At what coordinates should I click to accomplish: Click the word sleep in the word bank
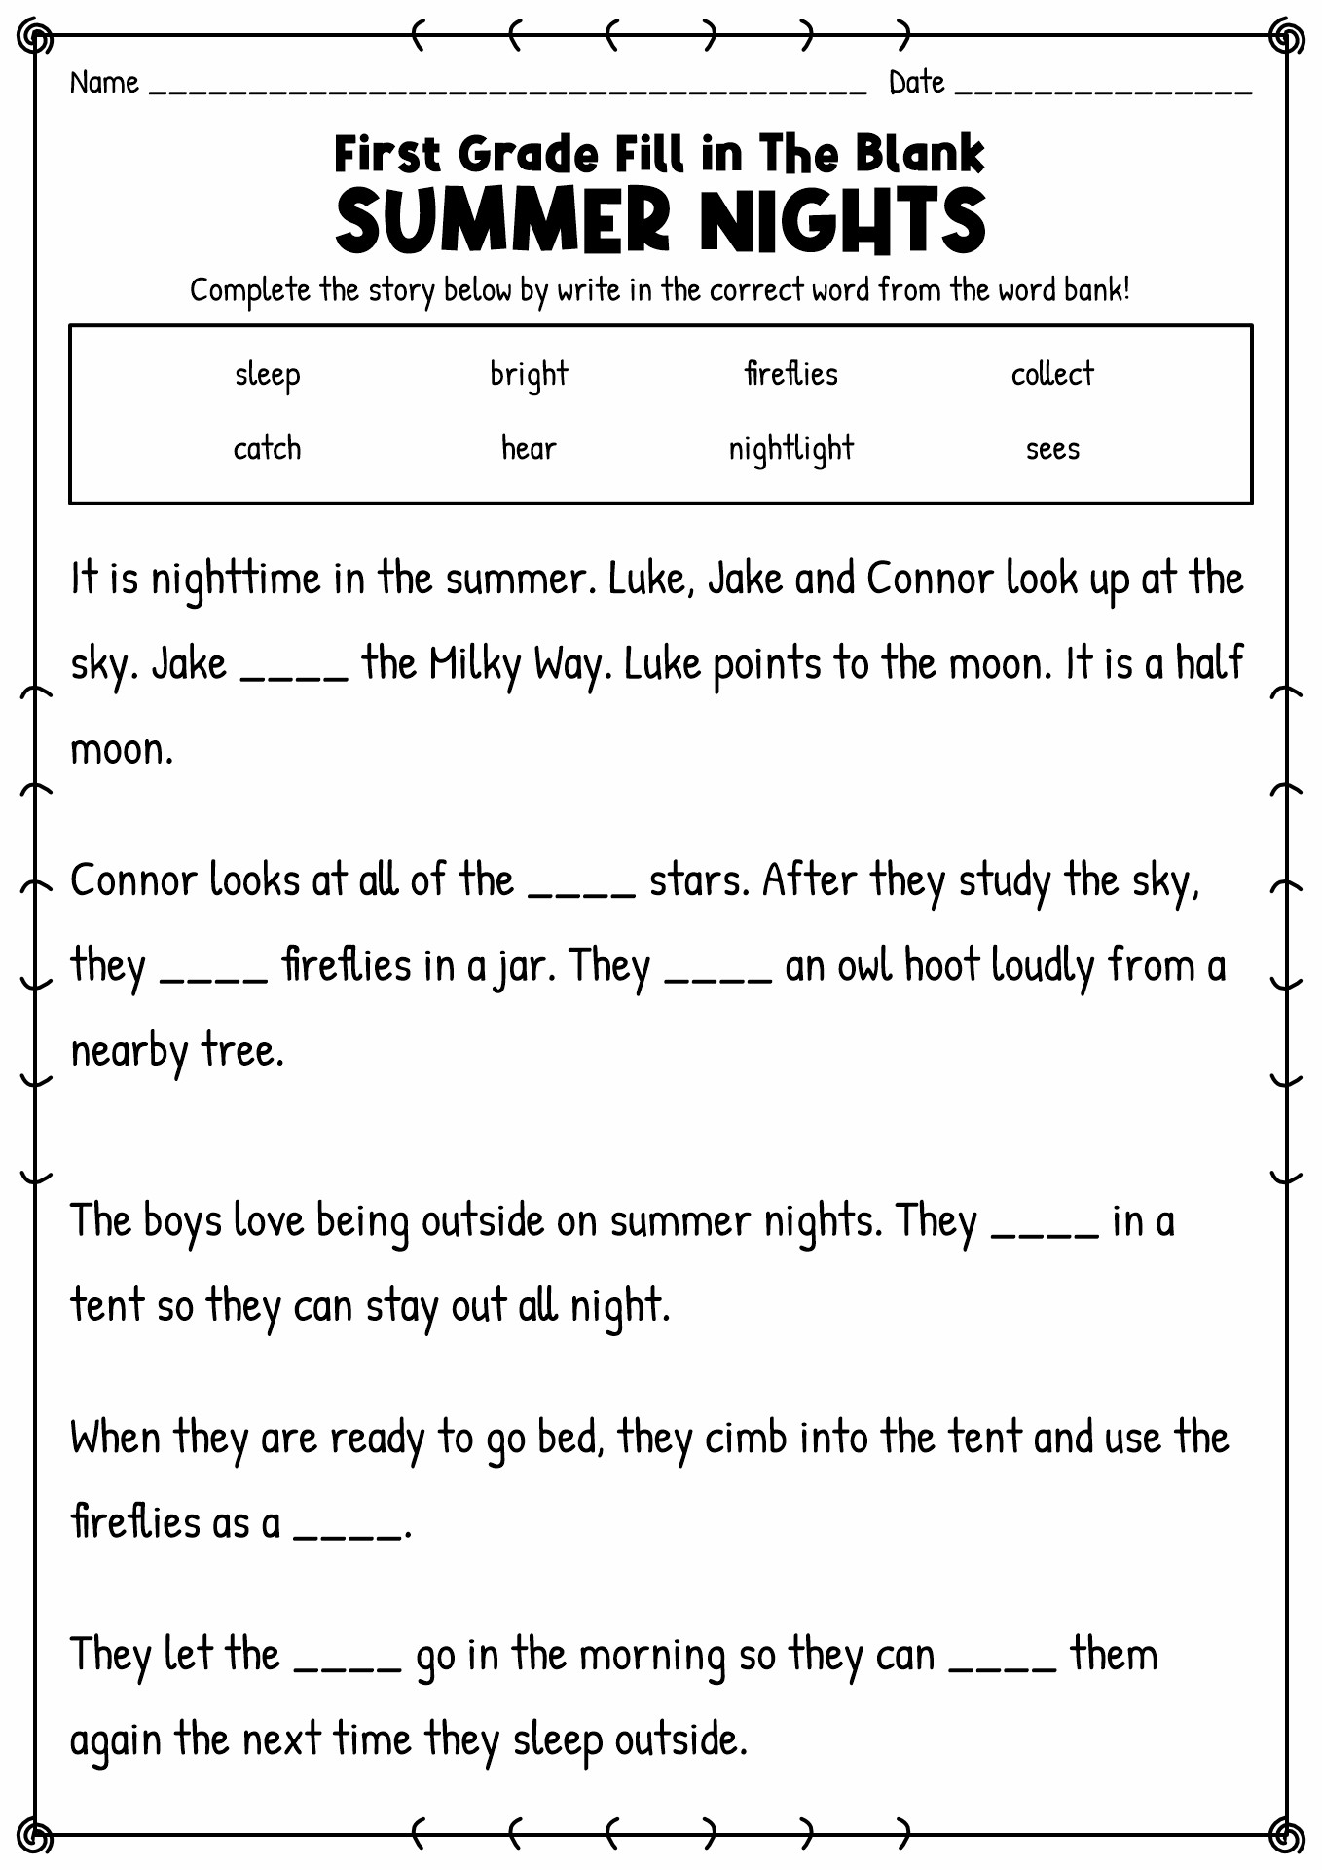(267, 375)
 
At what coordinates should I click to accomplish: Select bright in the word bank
(529, 375)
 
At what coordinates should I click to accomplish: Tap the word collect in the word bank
(1052, 374)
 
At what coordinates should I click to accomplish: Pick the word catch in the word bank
(267, 449)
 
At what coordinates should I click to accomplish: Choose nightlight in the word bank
(790, 449)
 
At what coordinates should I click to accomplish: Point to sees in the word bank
(1052, 450)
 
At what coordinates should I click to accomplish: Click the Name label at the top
(104, 83)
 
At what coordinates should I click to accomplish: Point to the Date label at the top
(916, 83)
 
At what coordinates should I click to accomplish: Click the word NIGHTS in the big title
(842, 221)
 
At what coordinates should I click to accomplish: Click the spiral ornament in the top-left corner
(36, 39)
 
